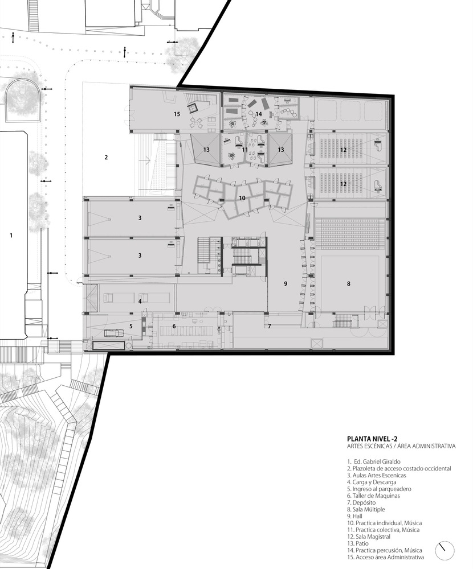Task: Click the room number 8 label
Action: [348, 283]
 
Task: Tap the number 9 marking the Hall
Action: [286, 283]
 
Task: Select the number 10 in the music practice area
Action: [242, 198]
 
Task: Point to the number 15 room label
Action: [177, 114]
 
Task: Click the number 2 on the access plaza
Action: [106, 157]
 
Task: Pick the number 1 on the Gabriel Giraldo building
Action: [10, 234]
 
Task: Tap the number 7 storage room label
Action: [270, 326]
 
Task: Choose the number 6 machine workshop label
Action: [174, 326]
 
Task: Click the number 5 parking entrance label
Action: [131, 326]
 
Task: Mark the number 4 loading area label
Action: [139, 301]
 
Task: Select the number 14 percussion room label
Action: [258, 114]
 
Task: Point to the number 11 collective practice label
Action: [244, 150]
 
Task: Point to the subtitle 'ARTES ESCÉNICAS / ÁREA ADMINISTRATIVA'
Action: [401, 446]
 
